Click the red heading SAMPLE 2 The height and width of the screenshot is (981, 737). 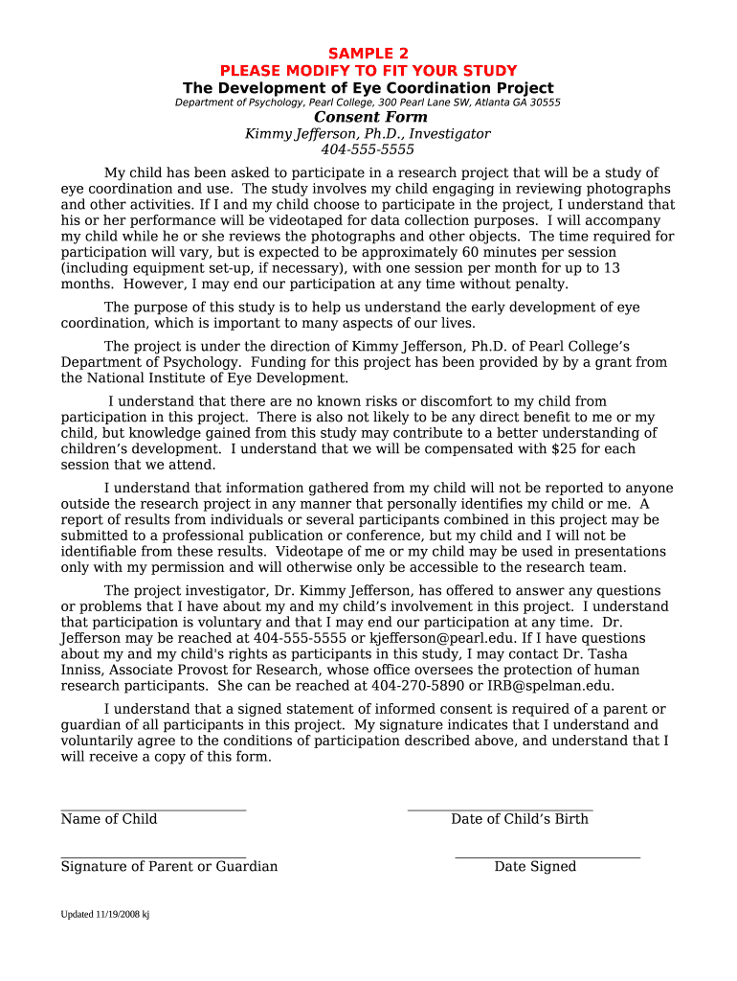click(368, 54)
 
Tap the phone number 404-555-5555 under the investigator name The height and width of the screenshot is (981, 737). click(368, 149)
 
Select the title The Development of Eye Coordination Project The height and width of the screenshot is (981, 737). click(368, 88)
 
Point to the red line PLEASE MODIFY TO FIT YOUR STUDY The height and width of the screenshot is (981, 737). click(368, 71)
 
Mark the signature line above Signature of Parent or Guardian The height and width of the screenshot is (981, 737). click(153, 856)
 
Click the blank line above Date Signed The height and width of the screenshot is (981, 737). click(547, 856)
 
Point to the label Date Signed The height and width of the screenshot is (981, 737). click(535, 867)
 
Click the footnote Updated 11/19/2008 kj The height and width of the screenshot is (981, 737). click(105, 914)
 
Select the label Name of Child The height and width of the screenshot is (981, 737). click(109, 819)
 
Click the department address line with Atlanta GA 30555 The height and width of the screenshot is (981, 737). click(368, 103)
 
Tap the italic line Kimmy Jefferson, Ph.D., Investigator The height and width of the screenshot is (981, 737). click(368, 134)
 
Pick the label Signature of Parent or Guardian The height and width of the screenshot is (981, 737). click(169, 867)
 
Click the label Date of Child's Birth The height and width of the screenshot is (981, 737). click(520, 819)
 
